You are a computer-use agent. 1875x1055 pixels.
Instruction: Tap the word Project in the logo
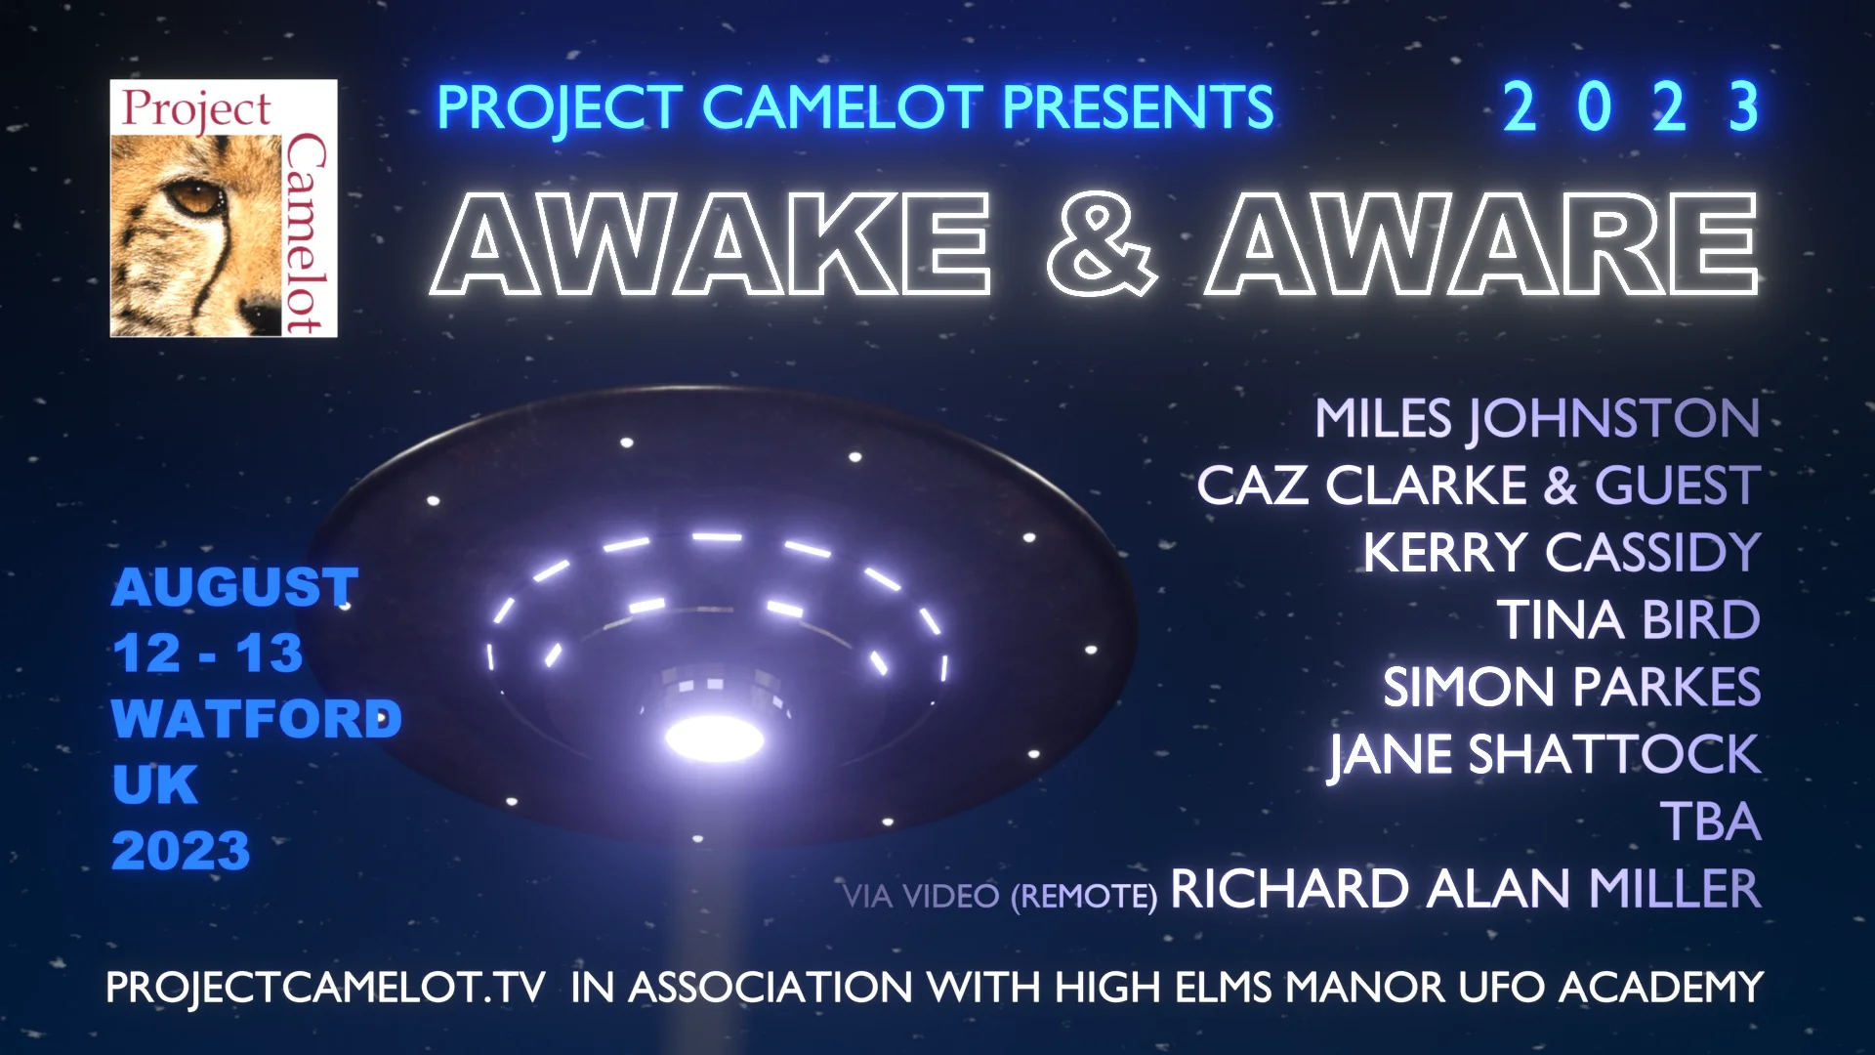pyautogui.click(x=196, y=109)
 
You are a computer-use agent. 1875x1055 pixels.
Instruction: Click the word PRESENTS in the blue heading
pyautogui.click(x=1138, y=107)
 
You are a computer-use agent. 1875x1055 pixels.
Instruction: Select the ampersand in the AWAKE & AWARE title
pyautogui.click(x=1101, y=244)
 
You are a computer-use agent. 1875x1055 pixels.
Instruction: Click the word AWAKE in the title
pyautogui.click(x=711, y=244)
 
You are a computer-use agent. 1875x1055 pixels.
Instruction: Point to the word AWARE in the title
pyautogui.click(x=1482, y=244)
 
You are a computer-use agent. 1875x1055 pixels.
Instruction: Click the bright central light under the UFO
pyautogui.click(x=715, y=738)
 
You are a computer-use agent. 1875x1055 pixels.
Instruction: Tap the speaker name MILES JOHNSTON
pyautogui.click(x=1537, y=418)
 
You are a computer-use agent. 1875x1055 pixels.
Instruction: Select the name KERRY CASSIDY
pyautogui.click(x=1562, y=553)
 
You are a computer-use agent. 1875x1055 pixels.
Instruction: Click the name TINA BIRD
pyautogui.click(x=1628, y=620)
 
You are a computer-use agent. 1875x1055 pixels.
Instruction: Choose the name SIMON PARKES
pyautogui.click(x=1571, y=688)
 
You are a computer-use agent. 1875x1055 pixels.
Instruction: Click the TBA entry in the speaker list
pyautogui.click(x=1711, y=823)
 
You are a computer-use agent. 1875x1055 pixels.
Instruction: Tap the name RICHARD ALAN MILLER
pyautogui.click(x=1465, y=889)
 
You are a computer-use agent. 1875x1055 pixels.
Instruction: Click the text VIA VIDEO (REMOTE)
pyautogui.click(x=999, y=896)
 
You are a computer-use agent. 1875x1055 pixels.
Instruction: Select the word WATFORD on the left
pyautogui.click(x=256, y=719)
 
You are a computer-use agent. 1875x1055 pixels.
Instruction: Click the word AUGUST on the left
pyautogui.click(x=234, y=587)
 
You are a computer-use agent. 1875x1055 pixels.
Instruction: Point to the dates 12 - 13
pyautogui.click(x=207, y=654)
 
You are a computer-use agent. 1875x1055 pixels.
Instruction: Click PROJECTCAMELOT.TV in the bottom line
pyautogui.click(x=325, y=988)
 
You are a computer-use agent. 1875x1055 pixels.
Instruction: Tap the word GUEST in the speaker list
pyautogui.click(x=1678, y=485)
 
